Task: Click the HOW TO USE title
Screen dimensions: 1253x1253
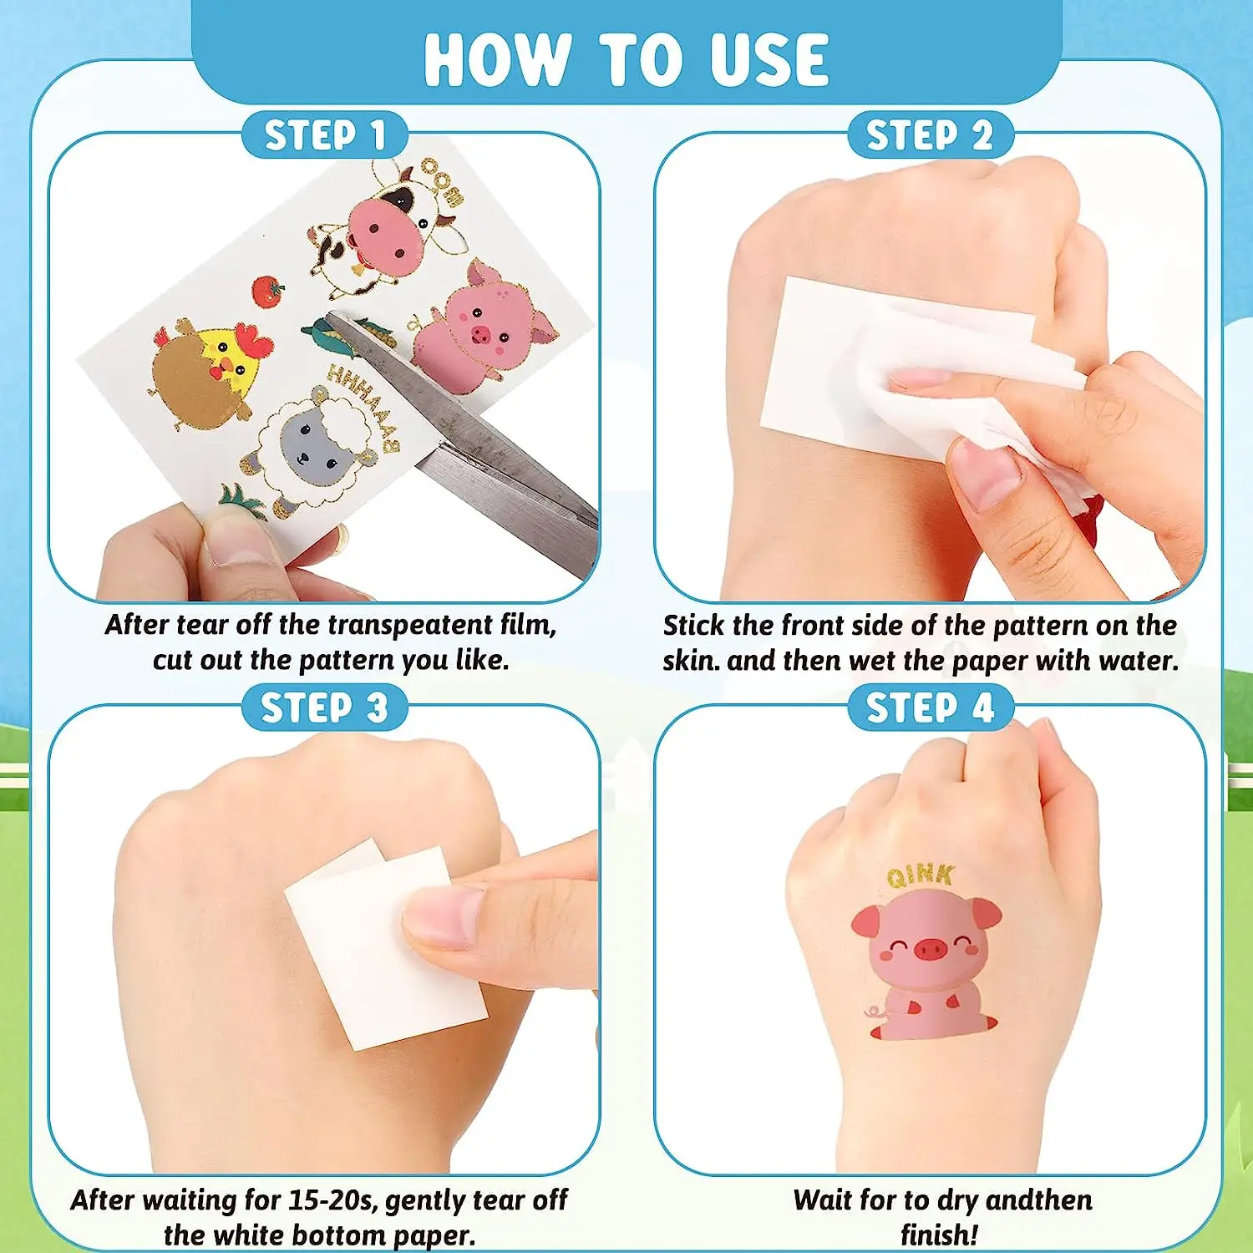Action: point(626,59)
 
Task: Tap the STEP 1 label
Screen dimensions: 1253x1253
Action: point(324,134)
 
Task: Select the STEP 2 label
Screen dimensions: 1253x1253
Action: point(930,134)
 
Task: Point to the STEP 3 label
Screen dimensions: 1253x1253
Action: point(324,708)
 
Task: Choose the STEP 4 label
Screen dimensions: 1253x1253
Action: point(930,708)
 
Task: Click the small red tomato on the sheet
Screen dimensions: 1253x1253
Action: point(268,292)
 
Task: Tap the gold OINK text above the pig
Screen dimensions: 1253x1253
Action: point(920,875)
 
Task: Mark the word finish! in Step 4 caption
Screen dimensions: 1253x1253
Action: point(939,1234)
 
